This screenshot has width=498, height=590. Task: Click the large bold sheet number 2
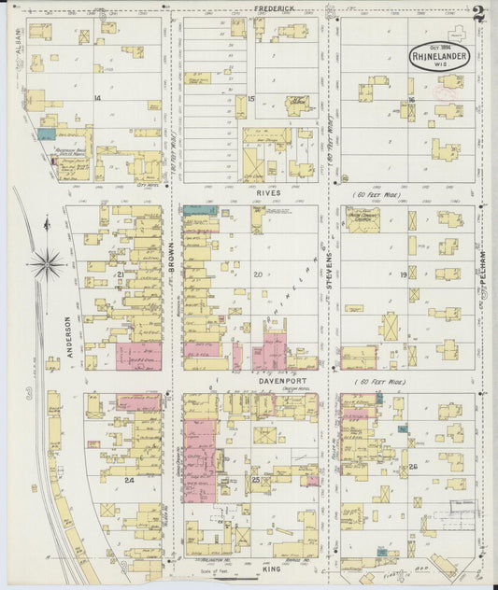click(478, 15)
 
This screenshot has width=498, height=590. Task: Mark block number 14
click(96, 97)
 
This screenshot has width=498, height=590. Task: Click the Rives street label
click(268, 192)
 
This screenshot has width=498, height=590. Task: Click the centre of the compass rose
click(46, 264)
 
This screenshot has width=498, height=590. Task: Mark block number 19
click(404, 275)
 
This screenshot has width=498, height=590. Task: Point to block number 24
click(129, 480)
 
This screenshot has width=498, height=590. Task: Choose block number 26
click(411, 467)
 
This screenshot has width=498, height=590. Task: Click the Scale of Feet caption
click(215, 570)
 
